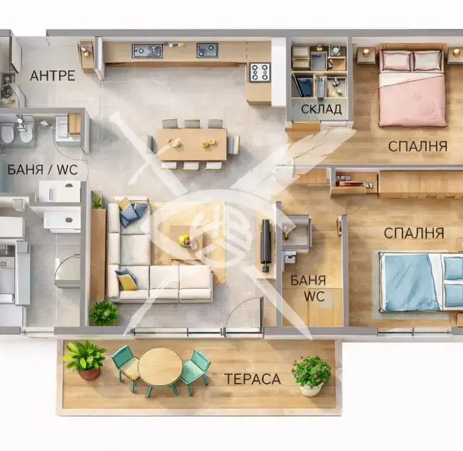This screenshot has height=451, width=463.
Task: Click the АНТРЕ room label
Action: click(x=52, y=76)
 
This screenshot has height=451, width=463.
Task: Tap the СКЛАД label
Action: click(x=321, y=109)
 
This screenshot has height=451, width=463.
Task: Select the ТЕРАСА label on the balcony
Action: click(x=253, y=379)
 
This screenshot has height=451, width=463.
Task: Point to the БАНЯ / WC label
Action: click(x=42, y=170)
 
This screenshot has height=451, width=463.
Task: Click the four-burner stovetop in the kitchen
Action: click(x=260, y=72)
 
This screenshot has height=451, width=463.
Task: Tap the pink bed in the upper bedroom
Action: click(x=413, y=85)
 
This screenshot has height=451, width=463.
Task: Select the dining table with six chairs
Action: click(x=192, y=144)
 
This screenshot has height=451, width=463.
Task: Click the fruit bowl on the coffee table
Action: click(x=186, y=239)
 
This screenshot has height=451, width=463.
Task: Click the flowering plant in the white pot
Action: click(x=312, y=375)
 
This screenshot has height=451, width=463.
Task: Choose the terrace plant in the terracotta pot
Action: click(x=85, y=360)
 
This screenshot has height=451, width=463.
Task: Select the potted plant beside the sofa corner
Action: click(x=104, y=313)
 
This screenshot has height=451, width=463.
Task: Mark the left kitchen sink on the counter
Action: click(x=147, y=51)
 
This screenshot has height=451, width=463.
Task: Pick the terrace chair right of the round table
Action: click(x=195, y=370)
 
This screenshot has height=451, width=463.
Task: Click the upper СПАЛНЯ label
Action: click(x=417, y=146)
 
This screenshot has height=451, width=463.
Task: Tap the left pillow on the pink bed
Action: click(x=396, y=61)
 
